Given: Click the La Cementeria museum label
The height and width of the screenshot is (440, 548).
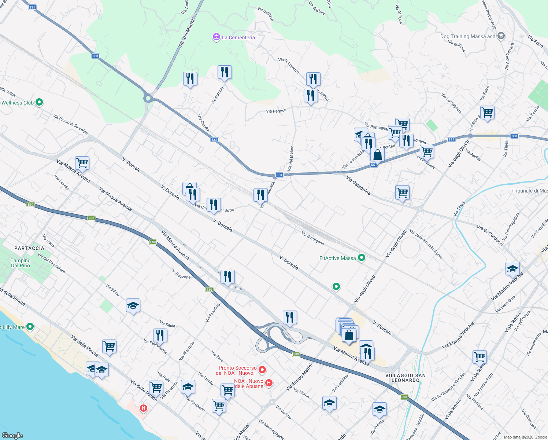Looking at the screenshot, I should pyautogui.click(x=238, y=37).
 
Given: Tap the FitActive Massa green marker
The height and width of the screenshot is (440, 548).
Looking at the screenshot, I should pyautogui.click(x=362, y=258).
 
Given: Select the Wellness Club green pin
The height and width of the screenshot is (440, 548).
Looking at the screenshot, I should pyautogui.click(x=39, y=103).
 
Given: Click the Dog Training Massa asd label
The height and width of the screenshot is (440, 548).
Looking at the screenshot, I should pyautogui.click(x=468, y=36).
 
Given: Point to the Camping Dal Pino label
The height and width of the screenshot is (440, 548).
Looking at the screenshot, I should pyautogui.click(x=21, y=263).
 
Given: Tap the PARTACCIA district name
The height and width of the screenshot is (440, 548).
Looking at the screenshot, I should pyautogui.click(x=29, y=248).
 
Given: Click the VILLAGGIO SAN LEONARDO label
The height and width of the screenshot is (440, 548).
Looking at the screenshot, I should pyautogui.click(x=406, y=378).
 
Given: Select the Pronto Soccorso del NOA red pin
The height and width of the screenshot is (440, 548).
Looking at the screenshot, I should pyautogui.click(x=262, y=370).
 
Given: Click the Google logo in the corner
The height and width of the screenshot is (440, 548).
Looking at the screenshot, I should pyautogui.click(x=12, y=435).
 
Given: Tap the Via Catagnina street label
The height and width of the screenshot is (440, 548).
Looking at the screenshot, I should pyautogui.click(x=358, y=185).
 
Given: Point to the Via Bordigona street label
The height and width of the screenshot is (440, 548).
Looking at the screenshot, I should pyautogui.click(x=312, y=238).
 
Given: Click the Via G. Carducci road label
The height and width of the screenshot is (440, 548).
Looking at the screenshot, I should pyautogui.click(x=490, y=235).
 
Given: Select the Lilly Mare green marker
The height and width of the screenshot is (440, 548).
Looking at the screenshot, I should pyautogui.click(x=30, y=326).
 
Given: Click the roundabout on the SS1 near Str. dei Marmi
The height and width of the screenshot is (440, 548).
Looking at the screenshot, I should pyautogui.click(x=148, y=98).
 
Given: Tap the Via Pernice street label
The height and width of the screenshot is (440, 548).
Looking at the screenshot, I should pyautogui.click(x=276, y=111).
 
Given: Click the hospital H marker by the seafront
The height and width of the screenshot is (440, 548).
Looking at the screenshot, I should pyautogui.click(x=144, y=408).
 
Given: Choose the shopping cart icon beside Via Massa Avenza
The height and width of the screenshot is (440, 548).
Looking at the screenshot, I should pyautogui.click(x=82, y=163).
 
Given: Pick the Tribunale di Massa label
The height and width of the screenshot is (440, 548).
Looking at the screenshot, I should pyautogui.click(x=529, y=191).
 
